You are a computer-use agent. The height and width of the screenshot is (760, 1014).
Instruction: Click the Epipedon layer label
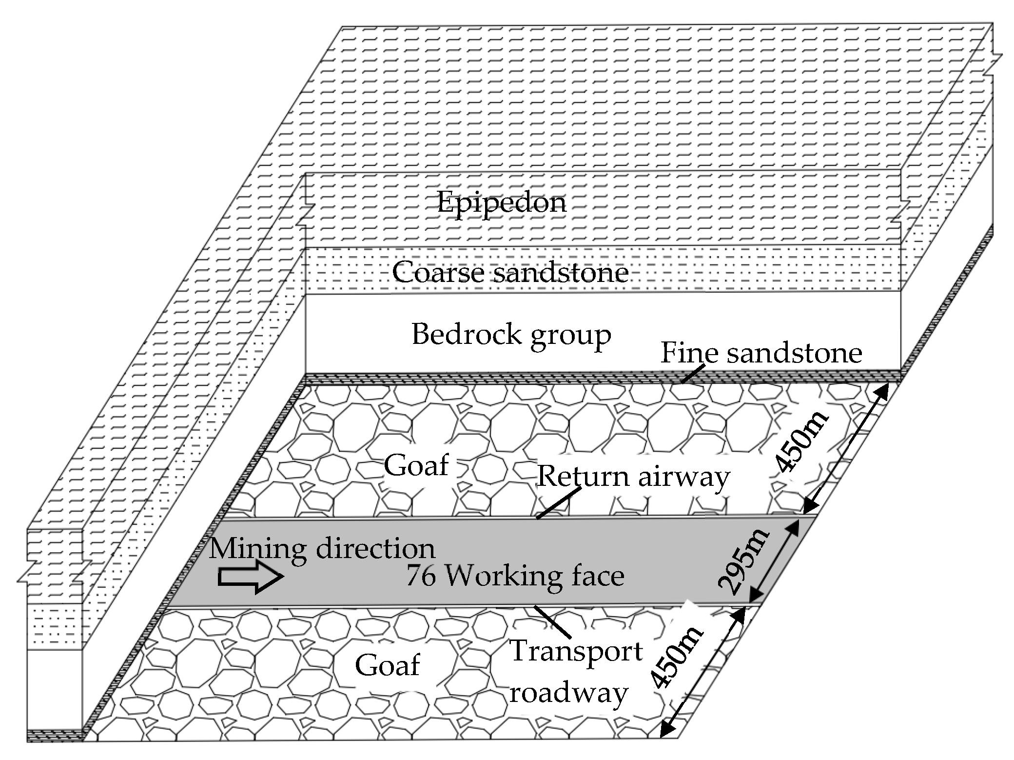[501, 202]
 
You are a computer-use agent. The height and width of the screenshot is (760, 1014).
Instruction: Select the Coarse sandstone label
[510, 272]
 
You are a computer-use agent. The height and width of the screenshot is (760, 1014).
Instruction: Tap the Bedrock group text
[511, 335]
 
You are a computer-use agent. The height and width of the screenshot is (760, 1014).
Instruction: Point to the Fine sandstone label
[760, 353]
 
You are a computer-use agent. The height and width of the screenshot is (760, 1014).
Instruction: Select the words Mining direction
[322, 548]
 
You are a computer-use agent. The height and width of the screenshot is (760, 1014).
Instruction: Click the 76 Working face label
[515, 576]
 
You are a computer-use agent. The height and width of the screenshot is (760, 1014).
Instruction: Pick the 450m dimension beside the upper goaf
[800, 441]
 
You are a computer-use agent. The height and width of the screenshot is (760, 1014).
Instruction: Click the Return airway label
[633, 476]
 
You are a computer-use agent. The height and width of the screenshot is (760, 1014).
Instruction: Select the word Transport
[575, 651]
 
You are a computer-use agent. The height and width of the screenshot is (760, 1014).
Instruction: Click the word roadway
[568, 693]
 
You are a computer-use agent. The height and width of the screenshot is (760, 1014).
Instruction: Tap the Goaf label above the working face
[416, 465]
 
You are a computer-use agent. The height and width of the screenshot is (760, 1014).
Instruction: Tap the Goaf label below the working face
[387, 665]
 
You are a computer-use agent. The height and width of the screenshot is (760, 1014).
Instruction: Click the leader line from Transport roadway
[553, 622]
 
